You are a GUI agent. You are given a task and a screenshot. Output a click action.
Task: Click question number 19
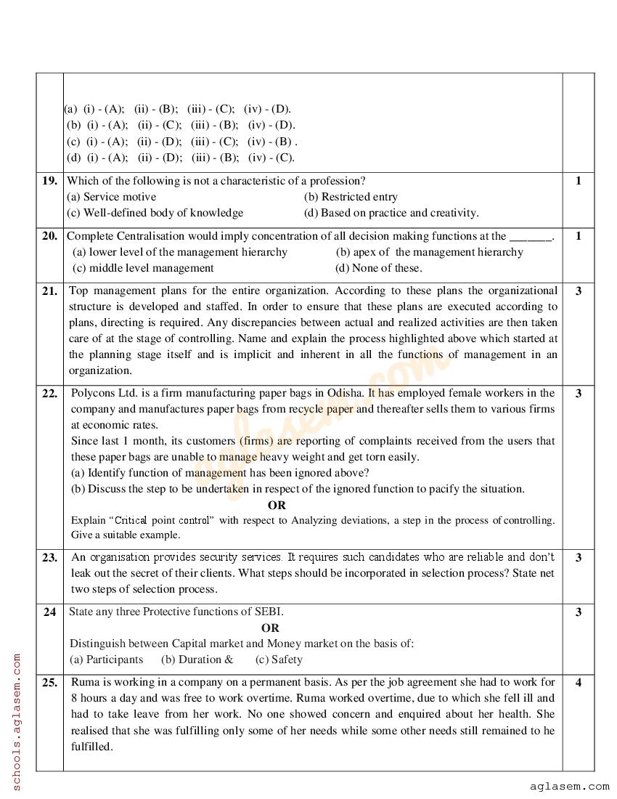(x=49, y=181)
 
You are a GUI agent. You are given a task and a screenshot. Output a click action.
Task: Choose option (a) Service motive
(x=111, y=197)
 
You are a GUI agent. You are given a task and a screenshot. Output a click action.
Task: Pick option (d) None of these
(x=378, y=268)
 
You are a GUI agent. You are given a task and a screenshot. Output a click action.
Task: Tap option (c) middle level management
(x=143, y=268)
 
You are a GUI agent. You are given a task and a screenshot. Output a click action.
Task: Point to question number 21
(x=49, y=291)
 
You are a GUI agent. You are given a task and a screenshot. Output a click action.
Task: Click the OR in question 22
(x=277, y=505)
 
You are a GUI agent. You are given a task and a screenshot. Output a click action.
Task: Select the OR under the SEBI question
(x=270, y=628)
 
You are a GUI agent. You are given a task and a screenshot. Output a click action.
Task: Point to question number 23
(x=49, y=558)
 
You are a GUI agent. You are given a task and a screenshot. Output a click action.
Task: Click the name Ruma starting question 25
(x=86, y=682)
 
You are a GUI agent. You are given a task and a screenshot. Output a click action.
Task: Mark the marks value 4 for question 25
(x=578, y=682)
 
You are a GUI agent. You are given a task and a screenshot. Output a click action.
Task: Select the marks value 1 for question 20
(x=578, y=236)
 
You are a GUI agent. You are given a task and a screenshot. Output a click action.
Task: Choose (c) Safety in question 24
(x=279, y=660)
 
